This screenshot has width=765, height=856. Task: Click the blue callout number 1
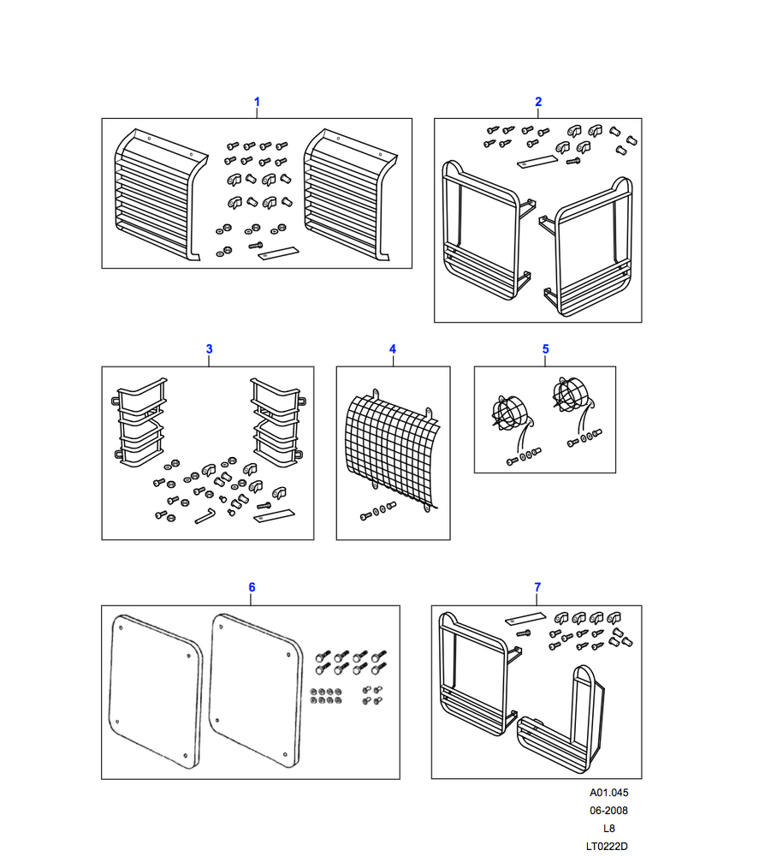pos(257,102)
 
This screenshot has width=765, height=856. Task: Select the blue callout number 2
pos(538,102)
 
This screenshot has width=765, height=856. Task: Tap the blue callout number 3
pos(209,349)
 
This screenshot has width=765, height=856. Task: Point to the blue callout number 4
pos(392,349)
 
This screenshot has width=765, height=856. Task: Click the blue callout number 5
pos(546,349)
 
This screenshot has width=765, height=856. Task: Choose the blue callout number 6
pos(252,587)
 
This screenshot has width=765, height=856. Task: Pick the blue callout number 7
pos(537,587)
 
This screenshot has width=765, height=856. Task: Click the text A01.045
pos(609,792)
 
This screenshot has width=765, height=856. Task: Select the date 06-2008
pos(609,810)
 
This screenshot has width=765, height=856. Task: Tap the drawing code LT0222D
pos(607,847)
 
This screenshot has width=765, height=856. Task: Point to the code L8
pos(609,828)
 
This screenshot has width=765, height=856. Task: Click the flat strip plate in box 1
pos(278,253)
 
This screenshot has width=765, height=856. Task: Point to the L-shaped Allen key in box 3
pos(205,515)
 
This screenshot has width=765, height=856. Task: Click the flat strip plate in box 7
pos(525,619)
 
